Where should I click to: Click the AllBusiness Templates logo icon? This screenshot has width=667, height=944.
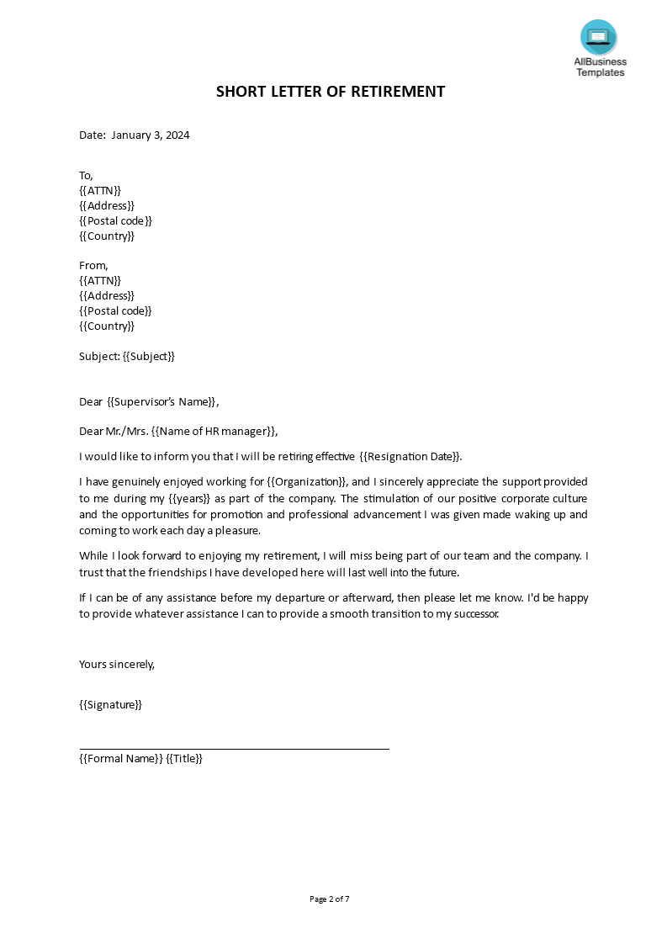pos(598,38)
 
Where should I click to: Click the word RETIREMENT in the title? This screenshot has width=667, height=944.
pos(396,92)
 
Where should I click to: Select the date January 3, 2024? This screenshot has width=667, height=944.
pos(151,135)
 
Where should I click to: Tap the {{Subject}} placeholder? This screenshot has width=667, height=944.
pos(149,356)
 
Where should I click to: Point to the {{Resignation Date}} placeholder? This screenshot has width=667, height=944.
pos(410,456)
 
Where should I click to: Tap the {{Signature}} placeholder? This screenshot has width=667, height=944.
pos(110,704)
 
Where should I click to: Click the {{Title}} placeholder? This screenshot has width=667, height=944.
pos(184,758)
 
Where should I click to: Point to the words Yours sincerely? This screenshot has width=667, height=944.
pos(117,664)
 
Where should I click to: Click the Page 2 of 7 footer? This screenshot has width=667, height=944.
pos(330,899)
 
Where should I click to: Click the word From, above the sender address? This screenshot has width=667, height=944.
pos(93,265)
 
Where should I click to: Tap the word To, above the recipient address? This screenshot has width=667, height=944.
pos(86,175)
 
